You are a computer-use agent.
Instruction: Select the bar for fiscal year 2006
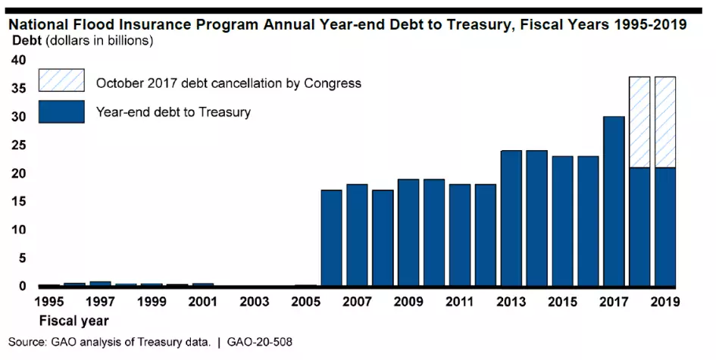332,238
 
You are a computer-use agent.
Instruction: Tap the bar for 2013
511,218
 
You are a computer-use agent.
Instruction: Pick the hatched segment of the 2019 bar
665,121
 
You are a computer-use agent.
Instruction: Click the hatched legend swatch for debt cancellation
61,82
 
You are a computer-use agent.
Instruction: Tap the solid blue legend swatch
61,112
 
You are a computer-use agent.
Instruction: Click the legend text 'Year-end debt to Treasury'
173,112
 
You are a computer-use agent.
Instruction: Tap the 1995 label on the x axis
50,302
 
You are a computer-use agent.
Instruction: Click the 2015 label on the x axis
562,302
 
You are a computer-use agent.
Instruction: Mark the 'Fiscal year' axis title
73,320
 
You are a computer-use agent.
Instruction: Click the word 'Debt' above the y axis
27,40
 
